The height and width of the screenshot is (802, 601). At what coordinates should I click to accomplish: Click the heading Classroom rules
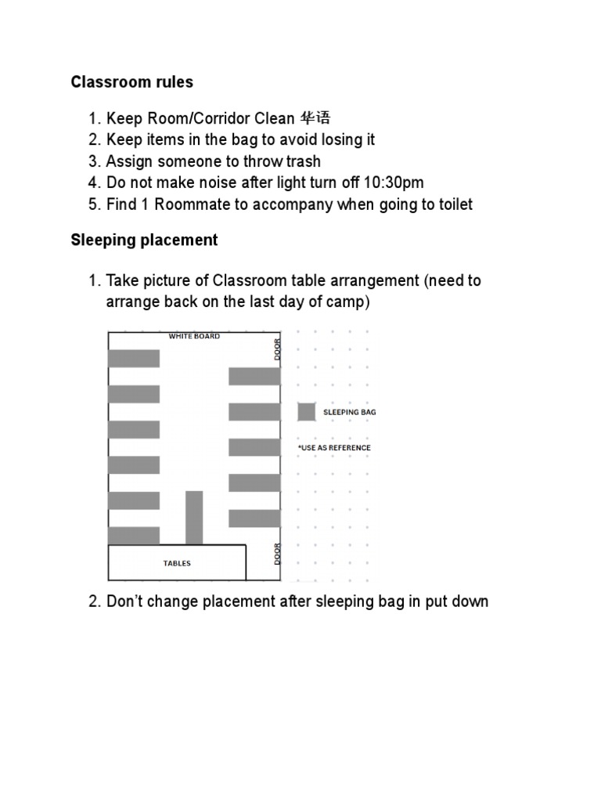pos(131,82)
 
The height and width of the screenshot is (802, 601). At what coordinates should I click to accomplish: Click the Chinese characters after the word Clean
pos(315,118)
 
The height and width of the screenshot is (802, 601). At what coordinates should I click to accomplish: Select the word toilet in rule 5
pos(452,204)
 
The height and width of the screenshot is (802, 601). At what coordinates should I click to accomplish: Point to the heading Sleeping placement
pos(144,240)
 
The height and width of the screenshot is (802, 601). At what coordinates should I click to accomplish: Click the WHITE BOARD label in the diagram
pos(194,336)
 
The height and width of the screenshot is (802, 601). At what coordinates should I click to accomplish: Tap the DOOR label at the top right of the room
pos(277,349)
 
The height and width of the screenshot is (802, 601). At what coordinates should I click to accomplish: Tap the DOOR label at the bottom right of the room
pos(277,554)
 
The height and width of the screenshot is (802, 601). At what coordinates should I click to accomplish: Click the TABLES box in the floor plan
pos(177,563)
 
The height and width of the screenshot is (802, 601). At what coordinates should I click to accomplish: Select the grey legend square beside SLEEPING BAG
pos(307,411)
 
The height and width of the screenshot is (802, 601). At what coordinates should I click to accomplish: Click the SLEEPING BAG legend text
pos(349,412)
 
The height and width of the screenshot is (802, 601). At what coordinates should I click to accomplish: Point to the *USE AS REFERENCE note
pos(334,448)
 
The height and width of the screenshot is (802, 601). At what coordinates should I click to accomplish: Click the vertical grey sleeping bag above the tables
pos(194,517)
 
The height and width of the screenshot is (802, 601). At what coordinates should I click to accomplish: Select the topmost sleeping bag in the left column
pos(134,359)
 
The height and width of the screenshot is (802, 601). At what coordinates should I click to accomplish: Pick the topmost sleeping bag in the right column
pos(254,377)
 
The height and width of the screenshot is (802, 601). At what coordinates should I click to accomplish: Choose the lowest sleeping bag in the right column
pos(254,518)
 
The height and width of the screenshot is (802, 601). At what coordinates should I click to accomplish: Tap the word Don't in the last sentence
pos(124,601)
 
